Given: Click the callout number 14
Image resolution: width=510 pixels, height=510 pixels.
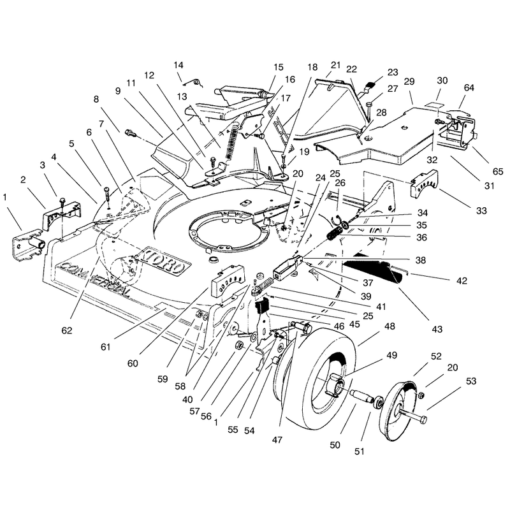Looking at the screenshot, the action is (178, 65).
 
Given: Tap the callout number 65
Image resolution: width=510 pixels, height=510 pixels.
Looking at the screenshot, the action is (498, 171).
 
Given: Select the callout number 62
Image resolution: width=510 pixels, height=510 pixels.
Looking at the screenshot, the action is (67, 330).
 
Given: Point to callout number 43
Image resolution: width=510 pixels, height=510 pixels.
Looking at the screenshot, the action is (437, 329).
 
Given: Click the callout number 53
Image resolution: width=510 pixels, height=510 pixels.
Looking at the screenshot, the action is (471, 381).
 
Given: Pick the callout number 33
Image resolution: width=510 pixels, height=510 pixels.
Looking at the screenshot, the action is (481, 210).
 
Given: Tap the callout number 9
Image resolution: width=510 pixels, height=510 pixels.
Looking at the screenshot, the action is (118, 91).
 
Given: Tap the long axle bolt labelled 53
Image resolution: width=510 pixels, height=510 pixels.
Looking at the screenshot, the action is (411, 416).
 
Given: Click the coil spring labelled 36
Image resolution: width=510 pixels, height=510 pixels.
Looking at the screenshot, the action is (333, 233).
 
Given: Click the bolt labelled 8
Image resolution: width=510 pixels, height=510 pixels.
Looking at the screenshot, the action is (131, 133).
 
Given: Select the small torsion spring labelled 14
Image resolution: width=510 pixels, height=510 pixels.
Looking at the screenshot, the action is (195, 83).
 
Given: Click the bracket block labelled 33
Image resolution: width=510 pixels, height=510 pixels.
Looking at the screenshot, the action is (423, 184).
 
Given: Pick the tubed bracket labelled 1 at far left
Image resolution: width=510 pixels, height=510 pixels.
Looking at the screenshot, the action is (27, 244).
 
